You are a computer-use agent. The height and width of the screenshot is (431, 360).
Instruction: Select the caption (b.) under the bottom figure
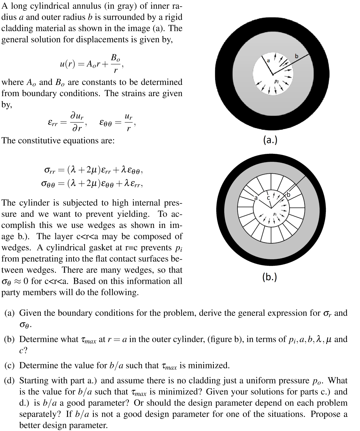pos(270,276)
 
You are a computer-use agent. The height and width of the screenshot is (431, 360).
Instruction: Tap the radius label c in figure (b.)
pos(268,198)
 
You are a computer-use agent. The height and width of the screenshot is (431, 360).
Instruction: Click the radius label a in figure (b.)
pos(255,198)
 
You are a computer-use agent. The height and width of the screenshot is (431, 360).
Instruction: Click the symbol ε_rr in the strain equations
pos(52,123)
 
